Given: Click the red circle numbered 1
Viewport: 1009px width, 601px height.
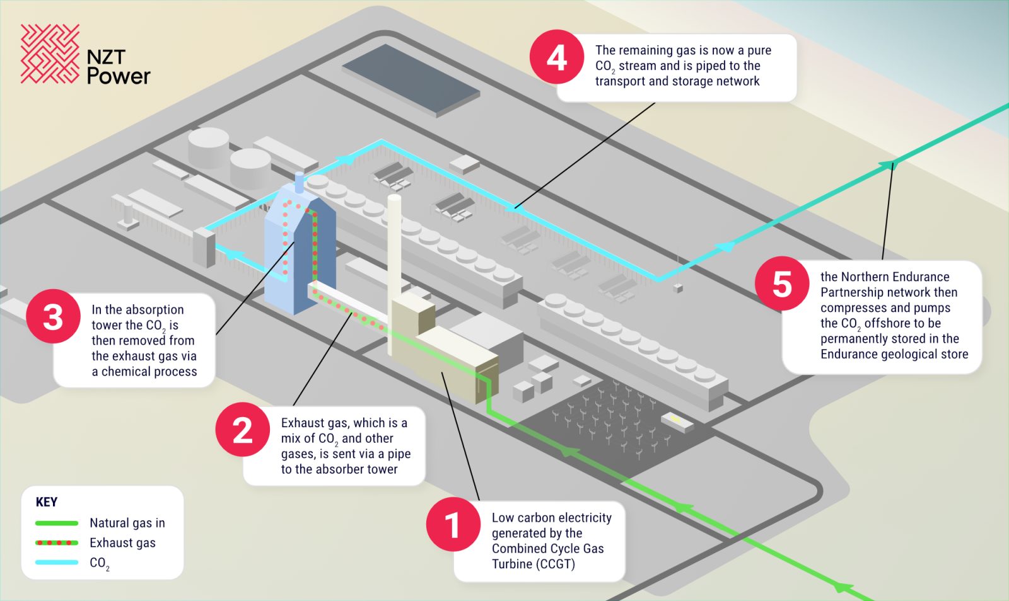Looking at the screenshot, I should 453,525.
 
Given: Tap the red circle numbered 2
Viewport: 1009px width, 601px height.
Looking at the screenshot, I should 242,430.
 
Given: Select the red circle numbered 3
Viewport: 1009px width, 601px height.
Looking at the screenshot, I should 53,316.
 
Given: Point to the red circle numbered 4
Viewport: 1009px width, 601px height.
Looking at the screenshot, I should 556,57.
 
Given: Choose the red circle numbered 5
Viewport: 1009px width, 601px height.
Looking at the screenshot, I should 782,283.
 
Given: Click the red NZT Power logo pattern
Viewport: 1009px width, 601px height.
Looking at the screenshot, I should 50,54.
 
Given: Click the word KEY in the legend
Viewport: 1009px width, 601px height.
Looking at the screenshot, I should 47,502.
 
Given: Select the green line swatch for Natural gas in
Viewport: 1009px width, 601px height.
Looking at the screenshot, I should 57,523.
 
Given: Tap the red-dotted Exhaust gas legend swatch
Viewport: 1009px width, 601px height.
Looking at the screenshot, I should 57,542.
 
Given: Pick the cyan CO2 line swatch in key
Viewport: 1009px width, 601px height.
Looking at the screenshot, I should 57,562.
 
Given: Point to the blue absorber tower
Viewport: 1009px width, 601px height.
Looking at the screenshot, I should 300,258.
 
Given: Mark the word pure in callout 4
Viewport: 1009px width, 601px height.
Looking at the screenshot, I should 759,50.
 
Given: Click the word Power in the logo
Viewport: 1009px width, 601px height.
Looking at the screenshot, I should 119,76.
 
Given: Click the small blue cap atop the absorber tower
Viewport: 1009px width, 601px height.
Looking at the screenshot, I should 300,181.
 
